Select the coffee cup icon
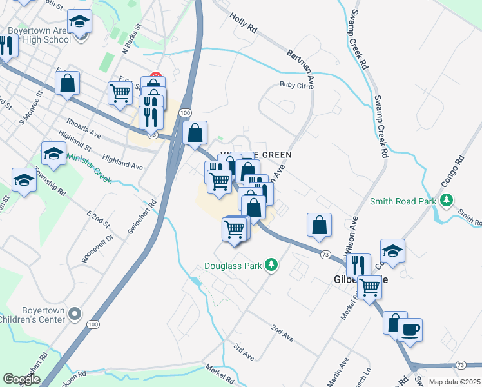click(x=410, y=330)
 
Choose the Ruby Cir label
click(x=291, y=84)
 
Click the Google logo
click(x=22, y=379)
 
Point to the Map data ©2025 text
click(x=454, y=382)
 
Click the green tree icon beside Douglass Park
click(x=272, y=265)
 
